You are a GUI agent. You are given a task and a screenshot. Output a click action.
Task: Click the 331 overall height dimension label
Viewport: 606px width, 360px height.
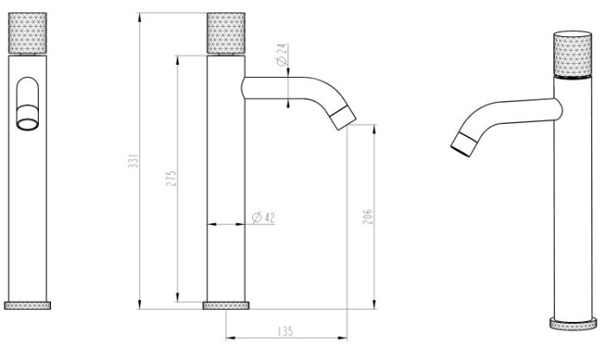[133, 161]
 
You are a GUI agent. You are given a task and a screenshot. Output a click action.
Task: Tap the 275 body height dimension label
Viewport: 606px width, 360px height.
[171, 178]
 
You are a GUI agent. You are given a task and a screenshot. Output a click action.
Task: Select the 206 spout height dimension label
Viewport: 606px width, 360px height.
[367, 216]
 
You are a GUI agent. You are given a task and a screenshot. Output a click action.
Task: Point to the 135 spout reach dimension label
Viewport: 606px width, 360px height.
[285, 331]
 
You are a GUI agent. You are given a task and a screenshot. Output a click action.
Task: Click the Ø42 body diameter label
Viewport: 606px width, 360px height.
[263, 217]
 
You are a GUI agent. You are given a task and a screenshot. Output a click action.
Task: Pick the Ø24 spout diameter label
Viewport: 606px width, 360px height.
[281, 55]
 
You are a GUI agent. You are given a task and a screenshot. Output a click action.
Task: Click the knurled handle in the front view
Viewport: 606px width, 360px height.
[28, 33]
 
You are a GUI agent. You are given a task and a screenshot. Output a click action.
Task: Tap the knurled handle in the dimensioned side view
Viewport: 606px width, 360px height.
[226, 33]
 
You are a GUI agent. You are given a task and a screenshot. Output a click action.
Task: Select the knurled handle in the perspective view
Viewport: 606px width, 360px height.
[573, 54]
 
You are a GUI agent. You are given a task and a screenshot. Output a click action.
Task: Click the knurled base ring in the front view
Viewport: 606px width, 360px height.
[28, 305]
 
